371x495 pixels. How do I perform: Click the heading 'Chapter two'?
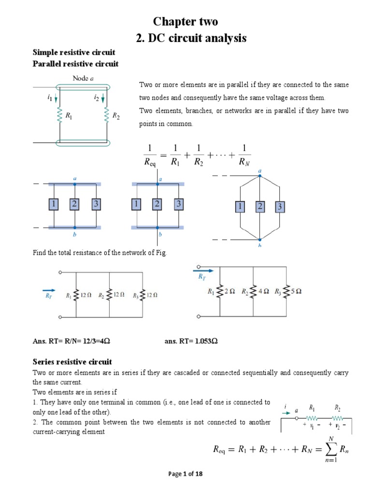click(x=185, y=22)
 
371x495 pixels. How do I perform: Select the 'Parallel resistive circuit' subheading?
click(x=75, y=64)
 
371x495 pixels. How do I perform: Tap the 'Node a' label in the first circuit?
click(x=83, y=78)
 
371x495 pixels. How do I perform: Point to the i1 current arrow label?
click(x=50, y=98)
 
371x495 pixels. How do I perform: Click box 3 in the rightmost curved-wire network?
click(x=279, y=207)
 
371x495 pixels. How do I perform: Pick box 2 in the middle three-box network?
click(x=157, y=204)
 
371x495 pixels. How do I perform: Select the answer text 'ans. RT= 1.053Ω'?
click(x=191, y=341)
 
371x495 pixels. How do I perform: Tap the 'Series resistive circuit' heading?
click(x=72, y=362)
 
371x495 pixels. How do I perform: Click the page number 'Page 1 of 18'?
click(x=185, y=474)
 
